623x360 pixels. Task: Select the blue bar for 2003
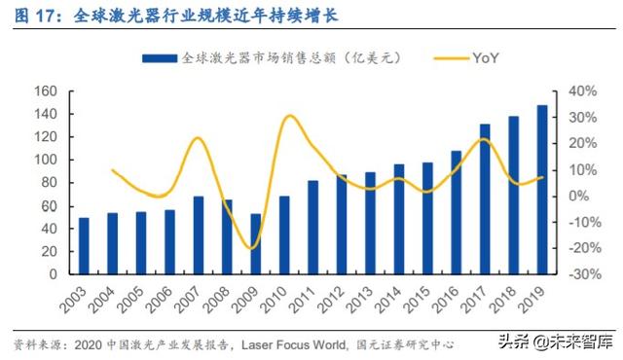click(x=84, y=246)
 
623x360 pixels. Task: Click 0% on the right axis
click(x=568, y=196)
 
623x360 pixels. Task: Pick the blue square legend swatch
click(x=171, y=58)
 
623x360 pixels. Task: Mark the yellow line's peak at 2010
click(x=289, y=116)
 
